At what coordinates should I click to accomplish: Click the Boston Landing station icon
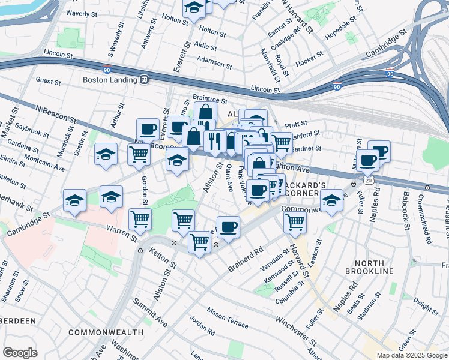[144, 79]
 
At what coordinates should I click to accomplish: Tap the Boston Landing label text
[111, 79]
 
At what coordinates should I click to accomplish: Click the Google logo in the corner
[20, 352]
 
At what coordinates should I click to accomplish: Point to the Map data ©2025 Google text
[411, 355]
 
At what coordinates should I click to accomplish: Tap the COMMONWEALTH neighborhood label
[106, 332]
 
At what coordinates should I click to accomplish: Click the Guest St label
[48, 80]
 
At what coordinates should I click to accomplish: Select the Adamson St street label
[214, 62]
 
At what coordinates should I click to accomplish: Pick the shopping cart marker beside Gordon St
[139, 154]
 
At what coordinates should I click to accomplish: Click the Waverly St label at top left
[82, 13]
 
